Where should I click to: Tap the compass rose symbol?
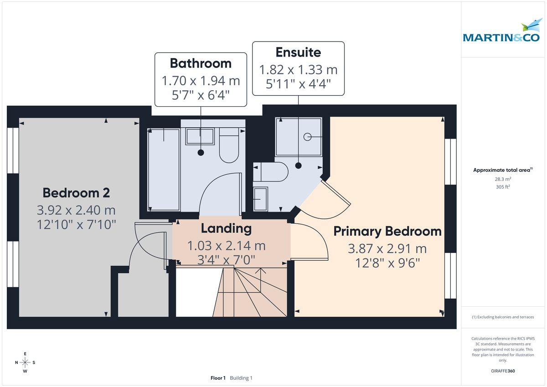click(x=26, y=362)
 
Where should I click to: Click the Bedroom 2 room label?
click(x=76, y=193)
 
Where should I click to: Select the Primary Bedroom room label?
click(x=387, y=231)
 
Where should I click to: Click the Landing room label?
click(x=227, y=228)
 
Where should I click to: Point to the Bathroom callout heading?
click(x=201, y=63)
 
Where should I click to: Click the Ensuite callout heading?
click(x=298, y=52)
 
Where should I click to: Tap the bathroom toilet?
click(x=229, y=145)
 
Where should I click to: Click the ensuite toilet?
click(x=272, y=172)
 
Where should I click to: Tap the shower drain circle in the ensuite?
click(x=307, y=136)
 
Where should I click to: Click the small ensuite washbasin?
click(x=261, y=199)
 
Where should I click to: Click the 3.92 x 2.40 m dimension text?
click(x=76, y=210)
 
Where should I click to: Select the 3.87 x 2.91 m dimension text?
click(x=387, y=249)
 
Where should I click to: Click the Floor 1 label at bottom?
click(x=218, y=378)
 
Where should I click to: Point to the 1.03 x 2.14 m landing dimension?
click(x=227, y=246)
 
